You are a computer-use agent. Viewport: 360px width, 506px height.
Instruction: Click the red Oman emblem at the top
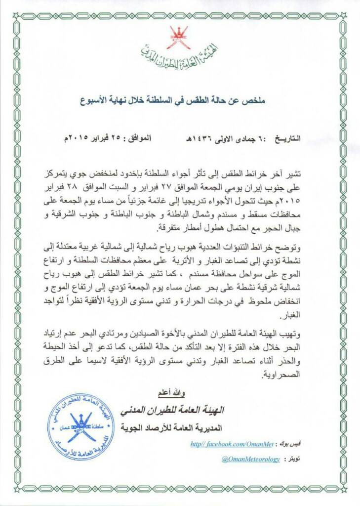click(x=178, y=38)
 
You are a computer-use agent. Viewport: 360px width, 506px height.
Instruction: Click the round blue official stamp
click(x=80, y=426)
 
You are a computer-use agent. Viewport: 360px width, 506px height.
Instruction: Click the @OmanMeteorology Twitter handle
click(x=250, y=459)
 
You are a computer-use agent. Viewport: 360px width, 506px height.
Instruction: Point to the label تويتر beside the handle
click(x=294, y=459)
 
